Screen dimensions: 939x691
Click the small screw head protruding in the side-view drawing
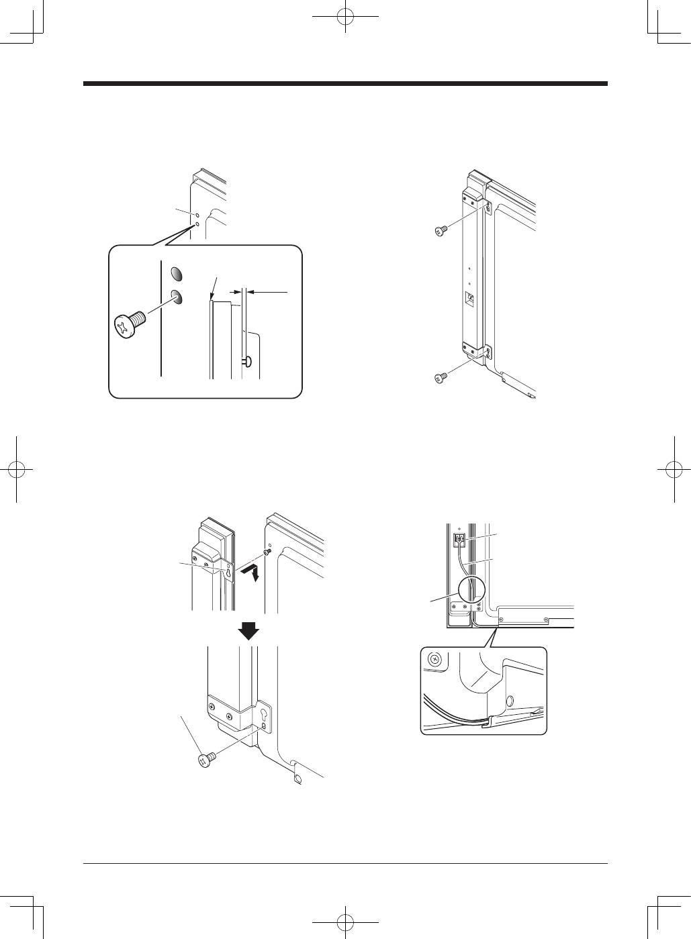coord(247,362)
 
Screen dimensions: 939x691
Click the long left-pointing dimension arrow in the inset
coord(267,292)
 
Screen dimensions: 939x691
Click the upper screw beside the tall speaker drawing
coord(440,232)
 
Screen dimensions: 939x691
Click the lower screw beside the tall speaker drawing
coord(440,379)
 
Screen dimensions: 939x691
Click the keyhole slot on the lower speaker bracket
coord(265,715)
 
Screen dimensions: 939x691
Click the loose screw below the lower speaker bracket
coord(207,759)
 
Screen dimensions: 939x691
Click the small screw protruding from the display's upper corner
coord(268,552)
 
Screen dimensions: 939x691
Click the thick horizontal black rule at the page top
coord(345,84)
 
